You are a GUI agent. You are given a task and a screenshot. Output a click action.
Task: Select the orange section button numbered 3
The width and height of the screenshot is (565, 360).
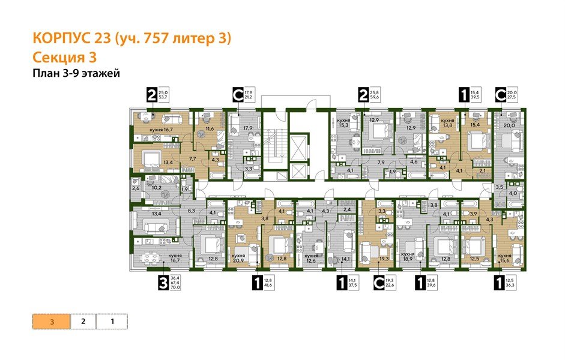pyautogui.click(x=52, y=322)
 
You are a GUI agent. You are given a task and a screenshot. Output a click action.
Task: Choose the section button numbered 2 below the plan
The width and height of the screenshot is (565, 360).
pyautogui.click(x=83, y=322)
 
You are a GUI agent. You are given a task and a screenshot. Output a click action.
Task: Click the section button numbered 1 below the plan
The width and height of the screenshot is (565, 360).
pyautogui.click(x=112, y=322)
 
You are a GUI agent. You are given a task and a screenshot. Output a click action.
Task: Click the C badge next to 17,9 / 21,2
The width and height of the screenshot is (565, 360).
pyautogui.click(x=238, y=94)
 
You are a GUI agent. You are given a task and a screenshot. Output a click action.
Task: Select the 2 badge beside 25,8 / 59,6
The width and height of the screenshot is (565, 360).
pyautogui.click(x=363, y=94)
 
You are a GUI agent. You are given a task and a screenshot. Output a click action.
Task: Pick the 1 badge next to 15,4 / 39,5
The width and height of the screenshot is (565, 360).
pyautogui.click(x=464, y=94)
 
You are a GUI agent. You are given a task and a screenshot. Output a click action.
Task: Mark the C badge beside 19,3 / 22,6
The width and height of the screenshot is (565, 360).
pyautogui.click(x=379, y=282)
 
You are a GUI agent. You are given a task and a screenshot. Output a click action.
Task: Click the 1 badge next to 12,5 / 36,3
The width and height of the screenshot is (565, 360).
pyautogui.click(x=498, y=282)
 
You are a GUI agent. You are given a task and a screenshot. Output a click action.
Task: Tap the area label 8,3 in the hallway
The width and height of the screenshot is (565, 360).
pyautogui.click(x=191, y=211)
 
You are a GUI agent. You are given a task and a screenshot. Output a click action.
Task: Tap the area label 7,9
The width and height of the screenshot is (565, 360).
pyautogui.click(x=381, y=162)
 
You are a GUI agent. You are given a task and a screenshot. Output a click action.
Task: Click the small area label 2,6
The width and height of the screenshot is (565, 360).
pyautogui.click(x=136, y=189)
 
